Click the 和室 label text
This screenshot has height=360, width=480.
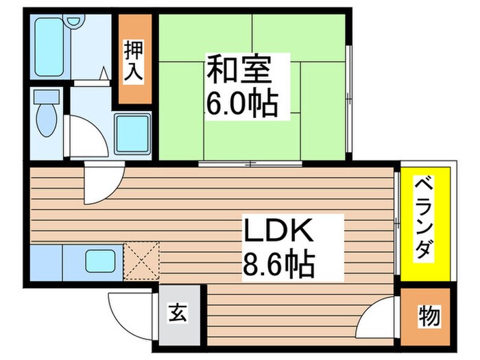click(x=240, y=71)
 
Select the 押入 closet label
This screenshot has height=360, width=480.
click(x=134, y=60)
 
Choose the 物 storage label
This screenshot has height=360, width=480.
click(x=429, y=316)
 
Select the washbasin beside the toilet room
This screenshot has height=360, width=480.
click(x=133, y=134)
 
